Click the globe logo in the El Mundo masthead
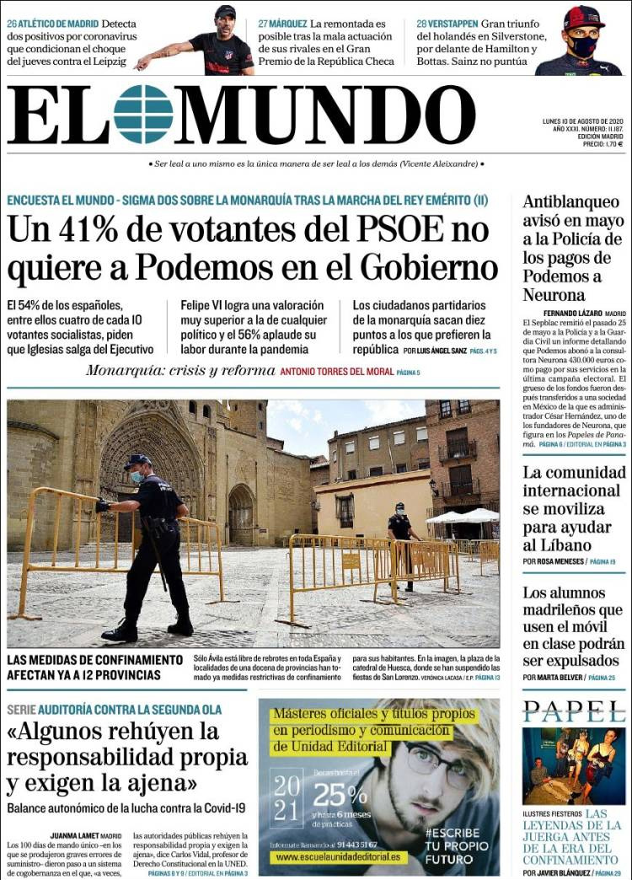pyautogui.click(x=143, y=114)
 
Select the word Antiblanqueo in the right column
pyautogui.click(x=570, y=202)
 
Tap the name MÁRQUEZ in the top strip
pyautogui.click(x=289, y=24)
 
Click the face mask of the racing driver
pyautogui.click(x=582, y=47)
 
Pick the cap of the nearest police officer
pyautogui.click(x=136, y=460)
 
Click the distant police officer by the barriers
pyautogui.click(x=399, y=539)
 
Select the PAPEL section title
pyautogui.click(x=573, y=712)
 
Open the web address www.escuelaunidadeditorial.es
pyautogui.click(x=337, y=857)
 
